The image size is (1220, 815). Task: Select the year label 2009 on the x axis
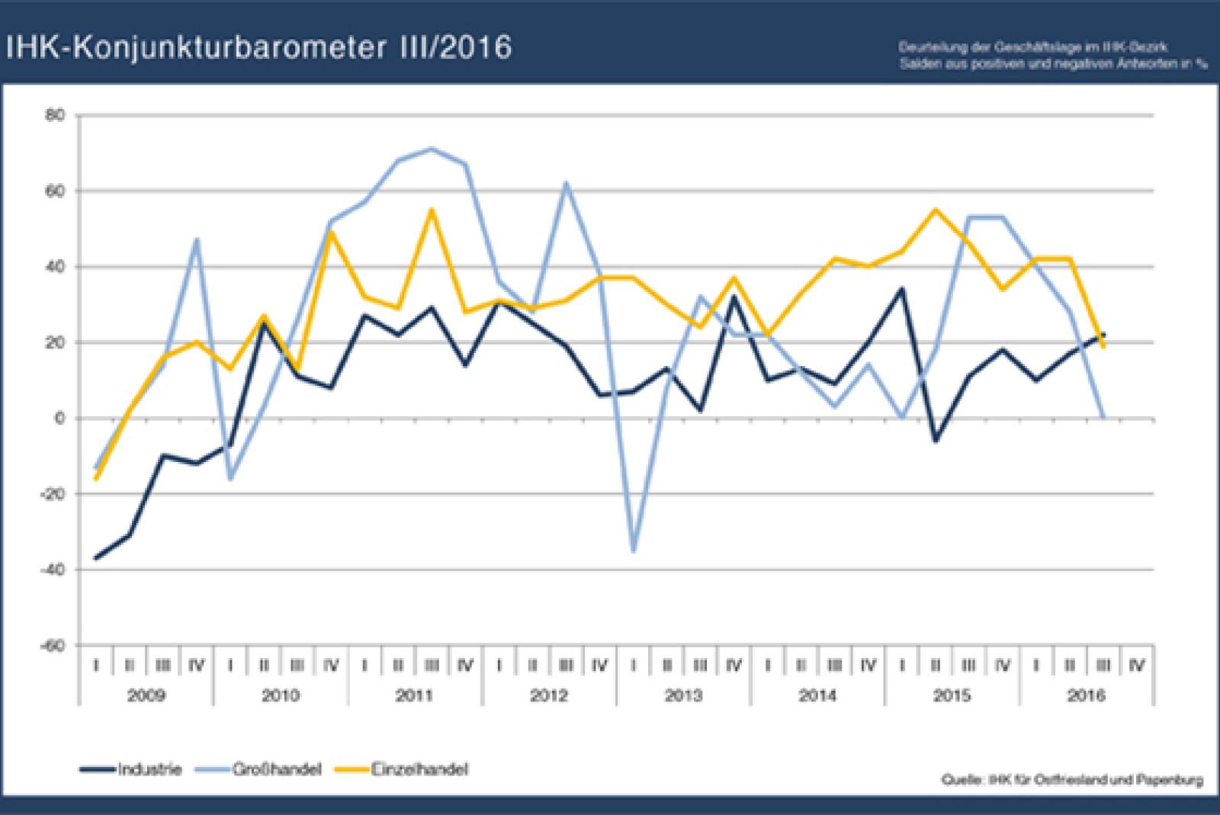click(146, 695)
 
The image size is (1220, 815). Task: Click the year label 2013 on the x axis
click(683, 695)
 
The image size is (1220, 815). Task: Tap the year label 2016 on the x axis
click(1086, 695)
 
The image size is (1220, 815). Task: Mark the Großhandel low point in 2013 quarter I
click(634, 551)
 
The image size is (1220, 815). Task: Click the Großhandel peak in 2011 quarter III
click(432, 149)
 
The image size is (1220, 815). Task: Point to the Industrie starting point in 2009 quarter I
click(96, 558)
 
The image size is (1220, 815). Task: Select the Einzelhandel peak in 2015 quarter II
click(936, 210)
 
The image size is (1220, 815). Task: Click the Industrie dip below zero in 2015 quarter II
click(936, 441)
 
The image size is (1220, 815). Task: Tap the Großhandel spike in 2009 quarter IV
click(197, 240)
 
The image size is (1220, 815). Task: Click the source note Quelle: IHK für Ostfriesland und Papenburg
click(1073, 780)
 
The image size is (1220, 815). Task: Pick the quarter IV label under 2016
click(1136, 666)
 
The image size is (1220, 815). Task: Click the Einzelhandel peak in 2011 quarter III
click(432, 210)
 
